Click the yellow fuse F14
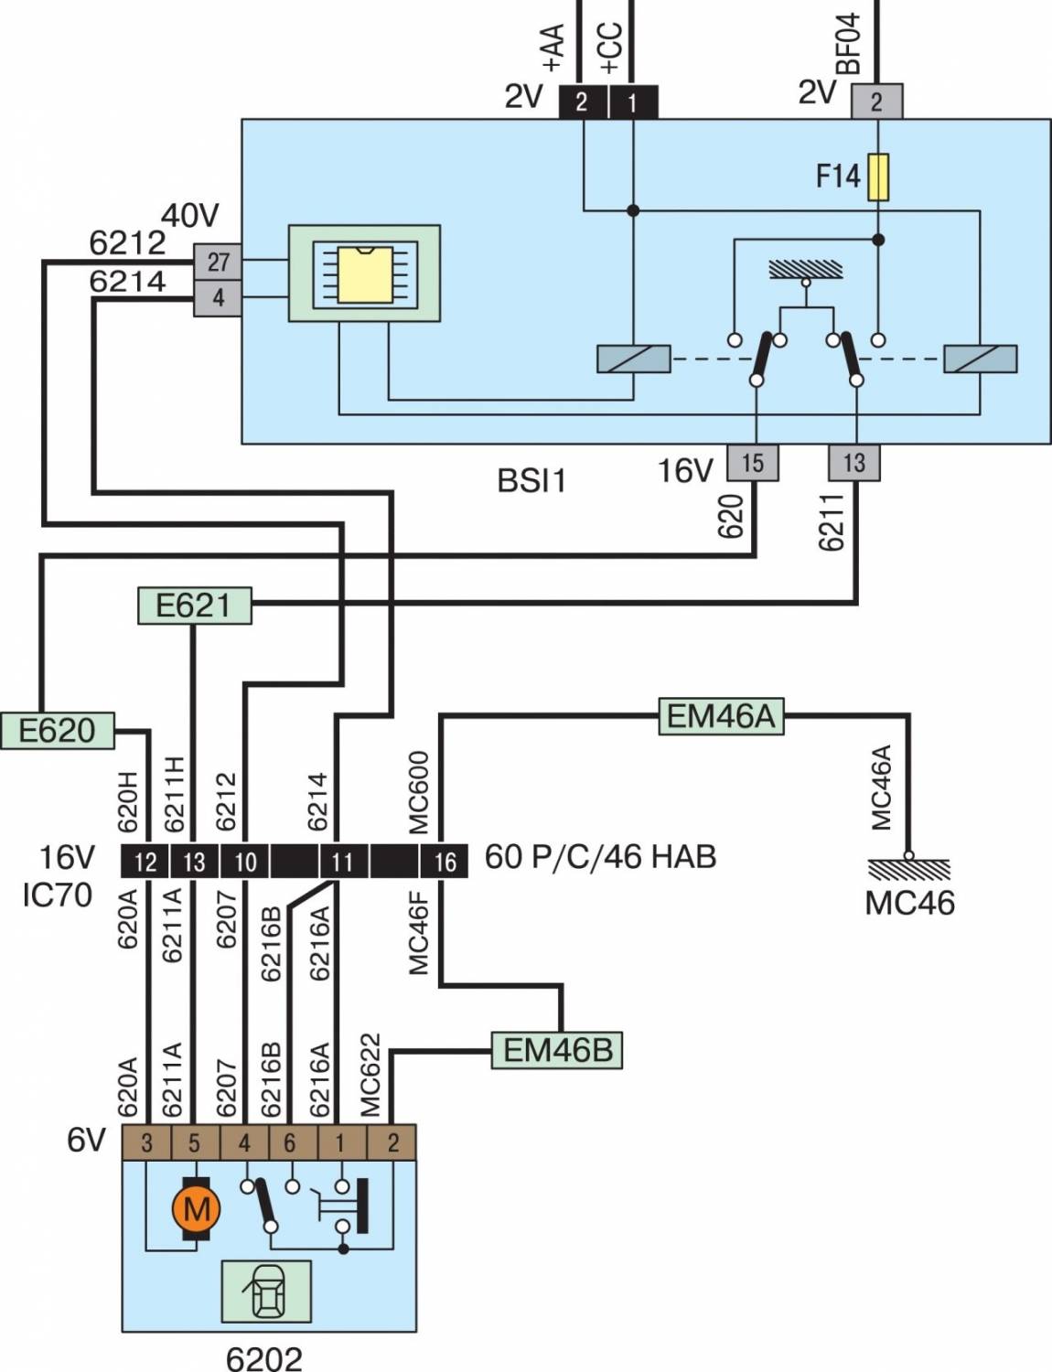[x=877, y=177]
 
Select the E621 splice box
[x=194, y=605]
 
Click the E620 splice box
[x=57, y=730]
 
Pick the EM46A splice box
[x=721, y=716]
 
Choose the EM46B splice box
[x=557, y=1049]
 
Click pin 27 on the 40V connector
[x=218, y=262]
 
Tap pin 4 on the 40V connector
[x=218, y=298]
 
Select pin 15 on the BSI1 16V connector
[x=752, y=463]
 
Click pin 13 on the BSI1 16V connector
[x=853, y=463]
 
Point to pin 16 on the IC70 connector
[x=445, y=862]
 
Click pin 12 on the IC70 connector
[x=145, y=862]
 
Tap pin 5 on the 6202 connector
[x=194, y=1142]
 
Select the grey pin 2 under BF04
[x=876, y=102]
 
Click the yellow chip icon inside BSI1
[x=364, y=273]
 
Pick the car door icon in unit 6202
[x=266, y=1291]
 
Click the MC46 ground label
[x=909, y=903]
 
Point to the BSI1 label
[x=531, y=480]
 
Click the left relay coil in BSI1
[x=633, y=359]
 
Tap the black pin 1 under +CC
[x=632, y=102]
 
